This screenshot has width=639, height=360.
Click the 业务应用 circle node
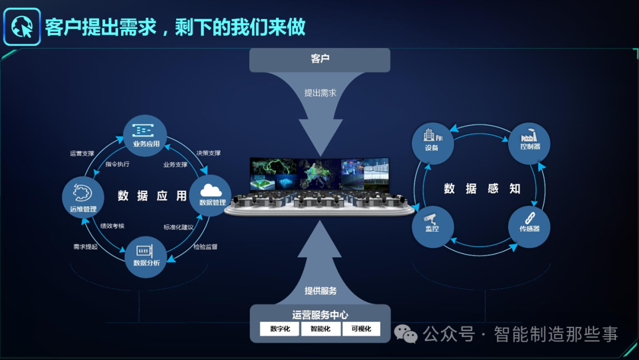(x=144, y=137)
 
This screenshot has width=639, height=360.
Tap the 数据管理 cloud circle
(x=211, y=195)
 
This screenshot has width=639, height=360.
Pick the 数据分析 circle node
(x=146, y=256)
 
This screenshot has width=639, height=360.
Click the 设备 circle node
(x=433, y=143)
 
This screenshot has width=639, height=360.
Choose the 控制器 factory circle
(x=530, y=143)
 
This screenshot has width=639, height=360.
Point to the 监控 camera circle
(x=433, y=227)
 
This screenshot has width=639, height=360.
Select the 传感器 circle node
(x=530, y=227)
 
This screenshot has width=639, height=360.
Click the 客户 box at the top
(x=319, y=60)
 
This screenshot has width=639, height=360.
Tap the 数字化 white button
(x=280, y=329)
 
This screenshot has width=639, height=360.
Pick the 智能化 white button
(x=320, y=329)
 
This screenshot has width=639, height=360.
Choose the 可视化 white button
(x=360, y=329)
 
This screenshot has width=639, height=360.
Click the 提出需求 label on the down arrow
(x=320, y=93)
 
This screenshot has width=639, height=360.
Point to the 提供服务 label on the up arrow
(x=320, y=291)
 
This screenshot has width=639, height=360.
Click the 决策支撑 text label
(x=208, y=153)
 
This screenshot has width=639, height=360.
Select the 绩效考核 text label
(x=112, y=226)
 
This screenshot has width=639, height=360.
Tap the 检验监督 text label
(x=205, y=246)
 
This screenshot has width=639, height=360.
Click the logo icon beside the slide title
(x=22, y=27)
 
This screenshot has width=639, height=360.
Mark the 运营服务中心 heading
(x=320, y=315)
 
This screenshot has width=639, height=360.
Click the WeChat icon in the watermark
(x=406, y=335)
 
